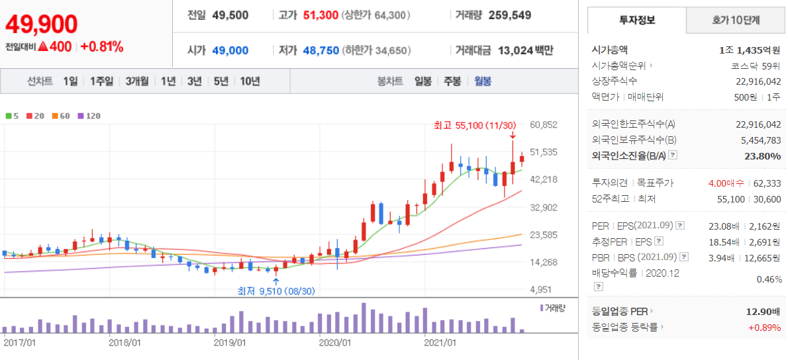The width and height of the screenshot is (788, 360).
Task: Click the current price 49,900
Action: [x=42, y=24]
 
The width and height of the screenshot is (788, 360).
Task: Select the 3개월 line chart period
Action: [x=137, y=81]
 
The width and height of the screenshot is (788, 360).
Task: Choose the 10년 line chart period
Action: [x=250, y=81]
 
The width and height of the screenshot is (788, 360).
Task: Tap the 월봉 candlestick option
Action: [x=483, y=81]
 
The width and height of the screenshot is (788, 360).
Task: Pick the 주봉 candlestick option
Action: [x=452, y=81]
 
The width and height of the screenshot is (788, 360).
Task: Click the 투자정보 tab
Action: [x=637, y=21]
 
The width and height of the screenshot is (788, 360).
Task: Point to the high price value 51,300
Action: [x=320, y=15]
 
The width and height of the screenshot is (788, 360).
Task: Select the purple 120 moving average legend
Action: [x=89, y=116]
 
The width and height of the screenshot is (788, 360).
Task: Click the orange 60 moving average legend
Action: [x=61, y=116]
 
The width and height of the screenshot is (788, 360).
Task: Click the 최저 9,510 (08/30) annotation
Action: [x=276, y=291]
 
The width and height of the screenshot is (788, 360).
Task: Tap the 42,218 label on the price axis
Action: [x=543, y=179]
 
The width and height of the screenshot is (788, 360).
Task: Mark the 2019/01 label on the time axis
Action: [x=230, y=343]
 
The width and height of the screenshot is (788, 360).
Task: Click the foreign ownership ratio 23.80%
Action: [x=762, y=156]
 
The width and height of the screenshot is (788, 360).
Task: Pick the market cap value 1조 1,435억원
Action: [x=750, y=50]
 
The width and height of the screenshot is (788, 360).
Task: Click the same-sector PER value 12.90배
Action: [x=763, y=311]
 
